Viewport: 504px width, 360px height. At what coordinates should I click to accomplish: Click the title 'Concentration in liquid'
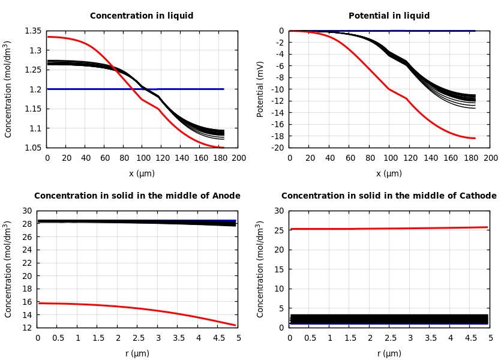(142, 16)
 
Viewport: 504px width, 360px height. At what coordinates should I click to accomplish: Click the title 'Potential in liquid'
(389, 16)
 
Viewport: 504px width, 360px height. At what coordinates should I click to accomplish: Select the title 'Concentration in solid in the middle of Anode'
(137, 196)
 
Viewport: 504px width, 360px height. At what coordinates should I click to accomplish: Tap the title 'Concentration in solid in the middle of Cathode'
(389, 196)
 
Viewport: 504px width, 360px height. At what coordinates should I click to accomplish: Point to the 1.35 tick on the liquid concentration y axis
(33, 31)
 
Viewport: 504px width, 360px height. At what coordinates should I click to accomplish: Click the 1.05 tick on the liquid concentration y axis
(33, 148)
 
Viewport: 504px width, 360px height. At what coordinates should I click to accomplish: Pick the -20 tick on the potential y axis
(276, 148)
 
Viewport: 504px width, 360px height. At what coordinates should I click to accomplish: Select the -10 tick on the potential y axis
(276, 89)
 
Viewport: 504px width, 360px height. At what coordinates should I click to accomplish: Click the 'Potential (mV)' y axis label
(260, 89)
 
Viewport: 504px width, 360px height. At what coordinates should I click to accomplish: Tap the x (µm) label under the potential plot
(389, 174)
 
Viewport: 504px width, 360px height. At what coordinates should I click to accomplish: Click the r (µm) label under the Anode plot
(137, 354)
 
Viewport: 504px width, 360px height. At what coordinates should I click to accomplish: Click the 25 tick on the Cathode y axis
(278, 230)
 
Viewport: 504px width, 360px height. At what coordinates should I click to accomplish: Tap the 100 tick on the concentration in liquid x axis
(143, 158)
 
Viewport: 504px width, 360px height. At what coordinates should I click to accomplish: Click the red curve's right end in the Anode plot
(235, 325)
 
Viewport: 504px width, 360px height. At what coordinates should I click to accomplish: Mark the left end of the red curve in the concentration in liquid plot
(48, 37)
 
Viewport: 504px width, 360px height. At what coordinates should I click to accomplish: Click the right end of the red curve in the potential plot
(475, 139)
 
